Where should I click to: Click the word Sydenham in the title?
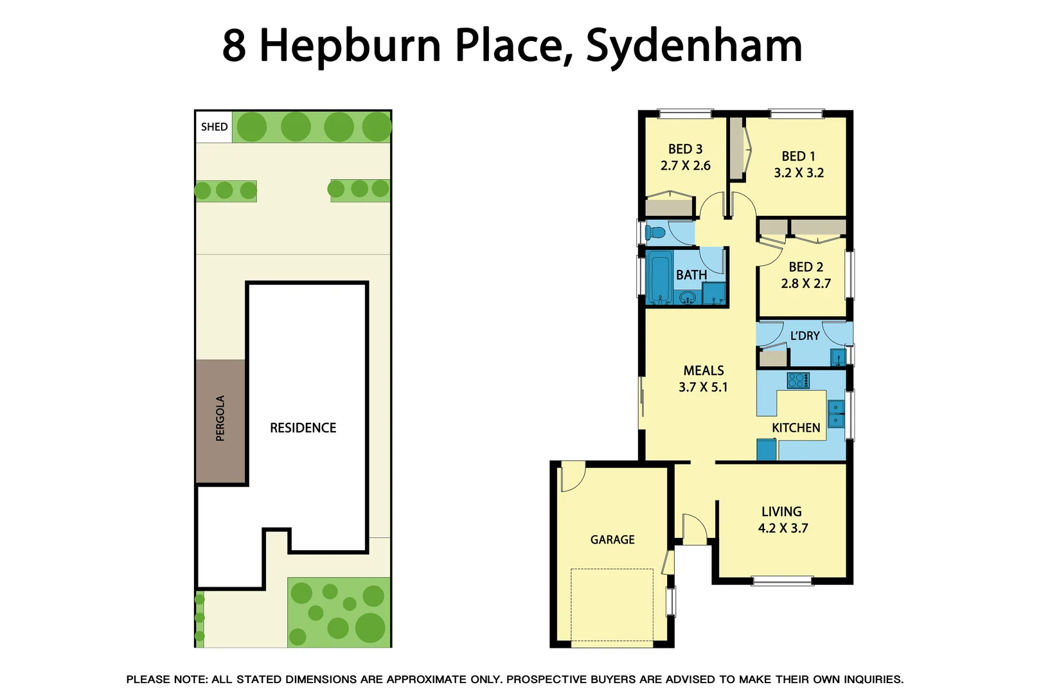click(694, 46)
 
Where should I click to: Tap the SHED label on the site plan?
click(214, 127)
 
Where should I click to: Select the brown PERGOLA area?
click(220, 421)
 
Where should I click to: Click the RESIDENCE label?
click(303, 428)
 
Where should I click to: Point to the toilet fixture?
click(655, 232)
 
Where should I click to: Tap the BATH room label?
click(691, 275)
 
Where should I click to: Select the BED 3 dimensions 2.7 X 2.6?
click(685, 166)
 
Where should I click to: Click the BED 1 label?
click(798, 156)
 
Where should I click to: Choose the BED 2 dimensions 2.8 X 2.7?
click(806, 283)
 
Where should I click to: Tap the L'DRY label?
click(805, 335)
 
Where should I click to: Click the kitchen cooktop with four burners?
click(798, 380)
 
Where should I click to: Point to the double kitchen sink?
click(836, 414)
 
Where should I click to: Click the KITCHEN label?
click(796, 428)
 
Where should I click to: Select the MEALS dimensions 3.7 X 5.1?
click(703, 387)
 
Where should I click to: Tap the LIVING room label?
click(781, 512)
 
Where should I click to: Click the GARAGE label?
click(612, 540)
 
